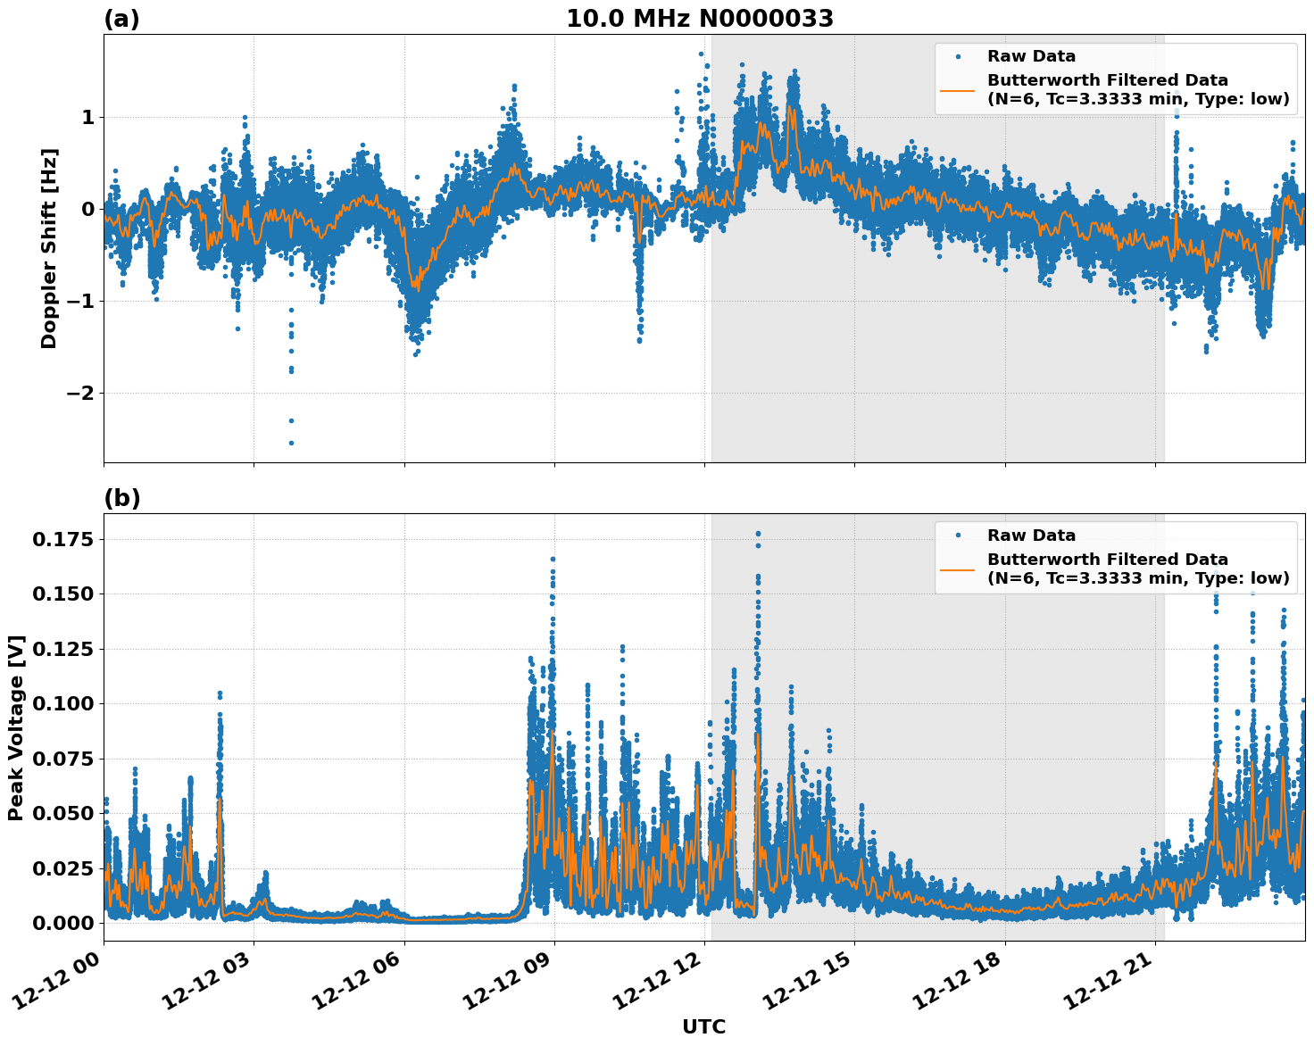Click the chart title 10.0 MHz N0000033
[700, 19]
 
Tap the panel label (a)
[121, 19]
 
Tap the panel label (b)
[121, 498]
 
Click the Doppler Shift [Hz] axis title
[49, 248]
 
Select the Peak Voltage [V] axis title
[16, 727]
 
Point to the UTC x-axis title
[703, 1026]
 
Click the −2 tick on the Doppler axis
[81, 394]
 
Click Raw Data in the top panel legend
[1031, 56]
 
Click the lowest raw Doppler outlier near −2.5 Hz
[291, 443]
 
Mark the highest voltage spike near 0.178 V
[758, 534]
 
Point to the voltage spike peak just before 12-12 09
[553, 560]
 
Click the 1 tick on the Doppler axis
[87, 118]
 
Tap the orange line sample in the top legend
[957, 89]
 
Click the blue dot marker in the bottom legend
[957, 535]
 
